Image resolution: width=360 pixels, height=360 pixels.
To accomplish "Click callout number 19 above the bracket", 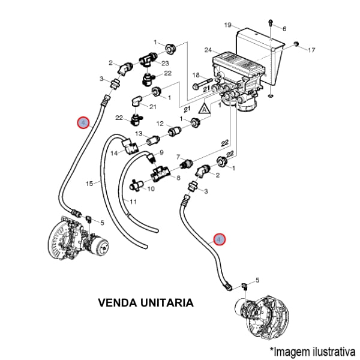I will (228, 25).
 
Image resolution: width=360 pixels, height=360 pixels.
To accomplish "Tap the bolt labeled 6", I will (271, 23).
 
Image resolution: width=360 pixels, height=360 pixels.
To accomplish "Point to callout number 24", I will (208, 50).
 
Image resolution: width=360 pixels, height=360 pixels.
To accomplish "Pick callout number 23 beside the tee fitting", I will (165, 63).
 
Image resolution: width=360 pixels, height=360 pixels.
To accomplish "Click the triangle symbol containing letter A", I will (205, 109).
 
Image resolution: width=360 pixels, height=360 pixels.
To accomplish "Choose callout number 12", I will (160, 124).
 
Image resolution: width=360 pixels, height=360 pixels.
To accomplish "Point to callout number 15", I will (88, 184).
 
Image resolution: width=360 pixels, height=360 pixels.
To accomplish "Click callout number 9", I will (161, 152).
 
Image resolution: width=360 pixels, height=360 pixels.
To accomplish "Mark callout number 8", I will (177, 178).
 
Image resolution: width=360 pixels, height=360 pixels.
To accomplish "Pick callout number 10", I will (151, 188).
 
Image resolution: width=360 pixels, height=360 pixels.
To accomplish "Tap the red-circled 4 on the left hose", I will (83, 123).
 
